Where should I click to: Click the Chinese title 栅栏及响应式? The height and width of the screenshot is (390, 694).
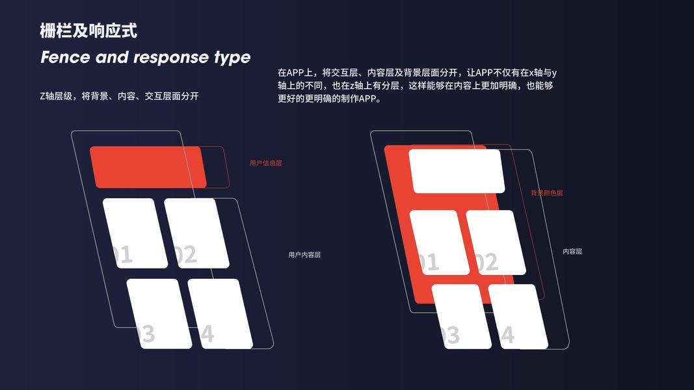[x=88, y=31]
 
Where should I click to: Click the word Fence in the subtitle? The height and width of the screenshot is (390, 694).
[x=65, y=57]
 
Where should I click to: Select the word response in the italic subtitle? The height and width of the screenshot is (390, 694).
[x=169, y=57]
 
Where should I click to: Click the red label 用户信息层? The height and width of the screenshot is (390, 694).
[x=265, y=163]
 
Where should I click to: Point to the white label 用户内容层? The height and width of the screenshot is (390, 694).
[x=304, y=255]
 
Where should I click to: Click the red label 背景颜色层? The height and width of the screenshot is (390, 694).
[x=546, y=193]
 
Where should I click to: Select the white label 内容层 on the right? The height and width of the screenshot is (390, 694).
[x=572, y=252]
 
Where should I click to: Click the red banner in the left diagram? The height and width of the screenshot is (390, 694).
[x=148, y=167]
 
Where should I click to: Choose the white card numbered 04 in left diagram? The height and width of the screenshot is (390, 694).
[x=220, y=313]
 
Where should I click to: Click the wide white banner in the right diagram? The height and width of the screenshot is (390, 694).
[x=457, y=171]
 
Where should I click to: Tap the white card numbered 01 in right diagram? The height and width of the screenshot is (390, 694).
[x=439, y=242]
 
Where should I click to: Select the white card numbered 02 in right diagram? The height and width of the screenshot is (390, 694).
[x=496, y=242]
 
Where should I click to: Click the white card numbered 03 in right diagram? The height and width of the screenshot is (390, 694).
[x=461, y=317]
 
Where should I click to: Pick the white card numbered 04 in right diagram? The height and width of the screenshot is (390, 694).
[x=518, y=317]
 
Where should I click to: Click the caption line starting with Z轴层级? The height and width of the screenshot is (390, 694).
[x=119, y=96]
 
